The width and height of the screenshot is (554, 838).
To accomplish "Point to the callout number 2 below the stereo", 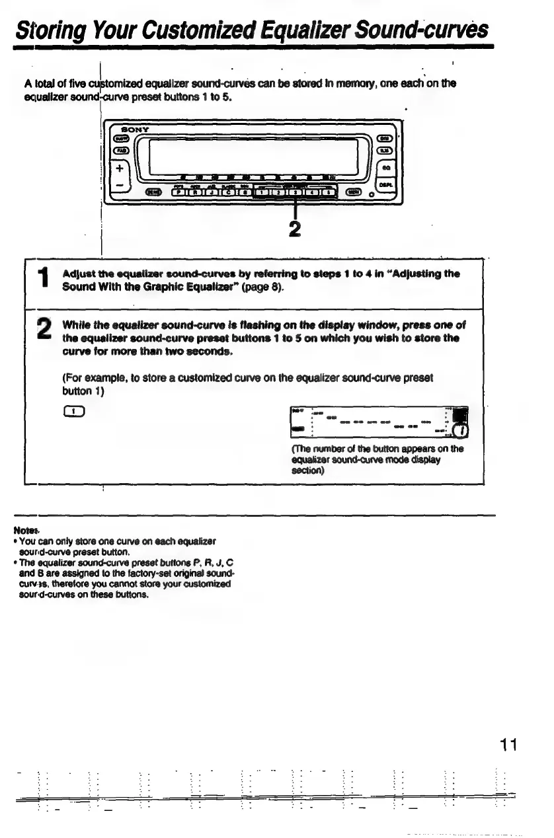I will (295, 228).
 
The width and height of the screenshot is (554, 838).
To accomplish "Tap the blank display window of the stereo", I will (255, 156).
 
